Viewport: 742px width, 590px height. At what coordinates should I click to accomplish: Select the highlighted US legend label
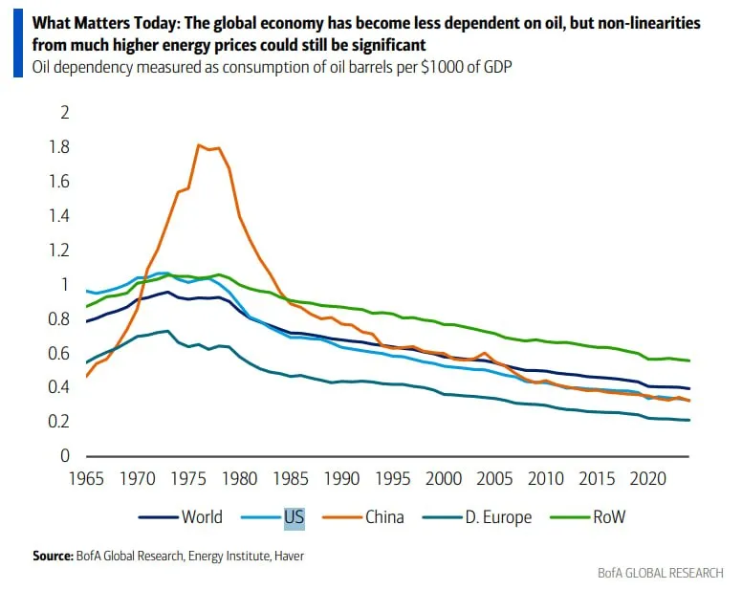click(x=294, y=517)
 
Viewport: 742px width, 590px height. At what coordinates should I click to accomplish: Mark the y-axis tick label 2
click(x=66, y=113)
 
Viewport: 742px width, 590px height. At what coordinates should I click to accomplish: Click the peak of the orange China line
click(x=198, y=145)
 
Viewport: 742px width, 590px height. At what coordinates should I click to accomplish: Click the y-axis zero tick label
click(x=66, y=456)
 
